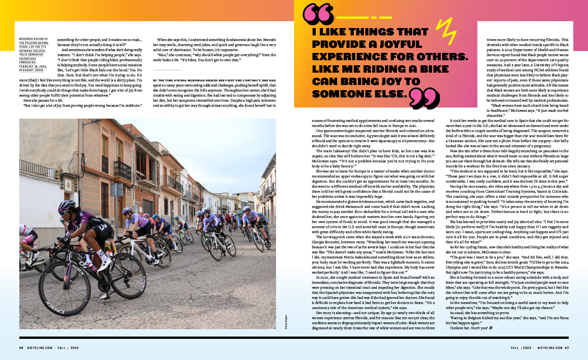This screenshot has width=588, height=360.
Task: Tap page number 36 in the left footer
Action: [x=21, y=348]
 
